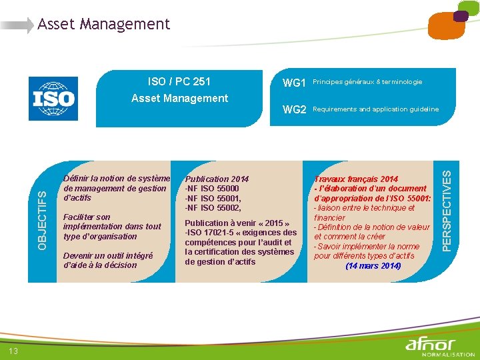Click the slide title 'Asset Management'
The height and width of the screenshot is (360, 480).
pos(103,25)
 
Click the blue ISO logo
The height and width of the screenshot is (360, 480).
pos(53,99)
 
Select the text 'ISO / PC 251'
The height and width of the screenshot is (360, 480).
pos(179,81)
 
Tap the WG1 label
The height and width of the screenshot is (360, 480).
pos(294,83)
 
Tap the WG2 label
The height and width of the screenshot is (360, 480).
pos(294,109)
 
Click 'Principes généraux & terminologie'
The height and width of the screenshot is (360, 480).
pos(367,82)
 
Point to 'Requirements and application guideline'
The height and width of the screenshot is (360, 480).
pos(375,109)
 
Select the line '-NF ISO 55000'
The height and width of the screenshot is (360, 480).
pos(212,189)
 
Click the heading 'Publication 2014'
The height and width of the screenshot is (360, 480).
pos(217,179)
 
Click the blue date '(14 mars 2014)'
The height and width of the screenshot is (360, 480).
pos(373,266)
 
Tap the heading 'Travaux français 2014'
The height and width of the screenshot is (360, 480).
pos(356,179)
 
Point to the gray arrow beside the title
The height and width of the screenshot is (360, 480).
pos(17,26)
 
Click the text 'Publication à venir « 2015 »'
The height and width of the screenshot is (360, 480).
pos(237,223)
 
